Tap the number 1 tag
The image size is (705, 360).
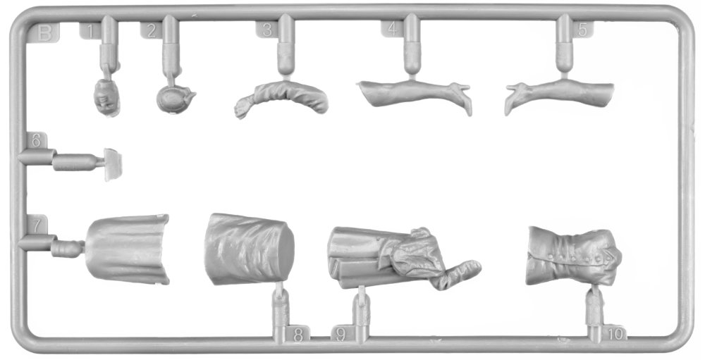pos(90,31)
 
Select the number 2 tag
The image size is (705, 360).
pos(152,30)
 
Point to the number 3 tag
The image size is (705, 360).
pos(267,30)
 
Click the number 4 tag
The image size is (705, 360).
pos(393,29)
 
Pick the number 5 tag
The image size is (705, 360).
pos(583,29)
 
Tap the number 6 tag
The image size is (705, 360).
pos(37,141)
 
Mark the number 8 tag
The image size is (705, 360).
pos(298,335)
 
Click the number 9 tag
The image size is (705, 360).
pos(341,335)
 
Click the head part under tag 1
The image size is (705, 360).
pos(107,97)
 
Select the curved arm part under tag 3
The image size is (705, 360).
pos(283,97)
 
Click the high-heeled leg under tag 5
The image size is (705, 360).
pos(559,94)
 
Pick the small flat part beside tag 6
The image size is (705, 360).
pos(113,164)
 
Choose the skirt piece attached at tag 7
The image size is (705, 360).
pos(127,249)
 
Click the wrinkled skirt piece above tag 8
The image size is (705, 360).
pos(249,249)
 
